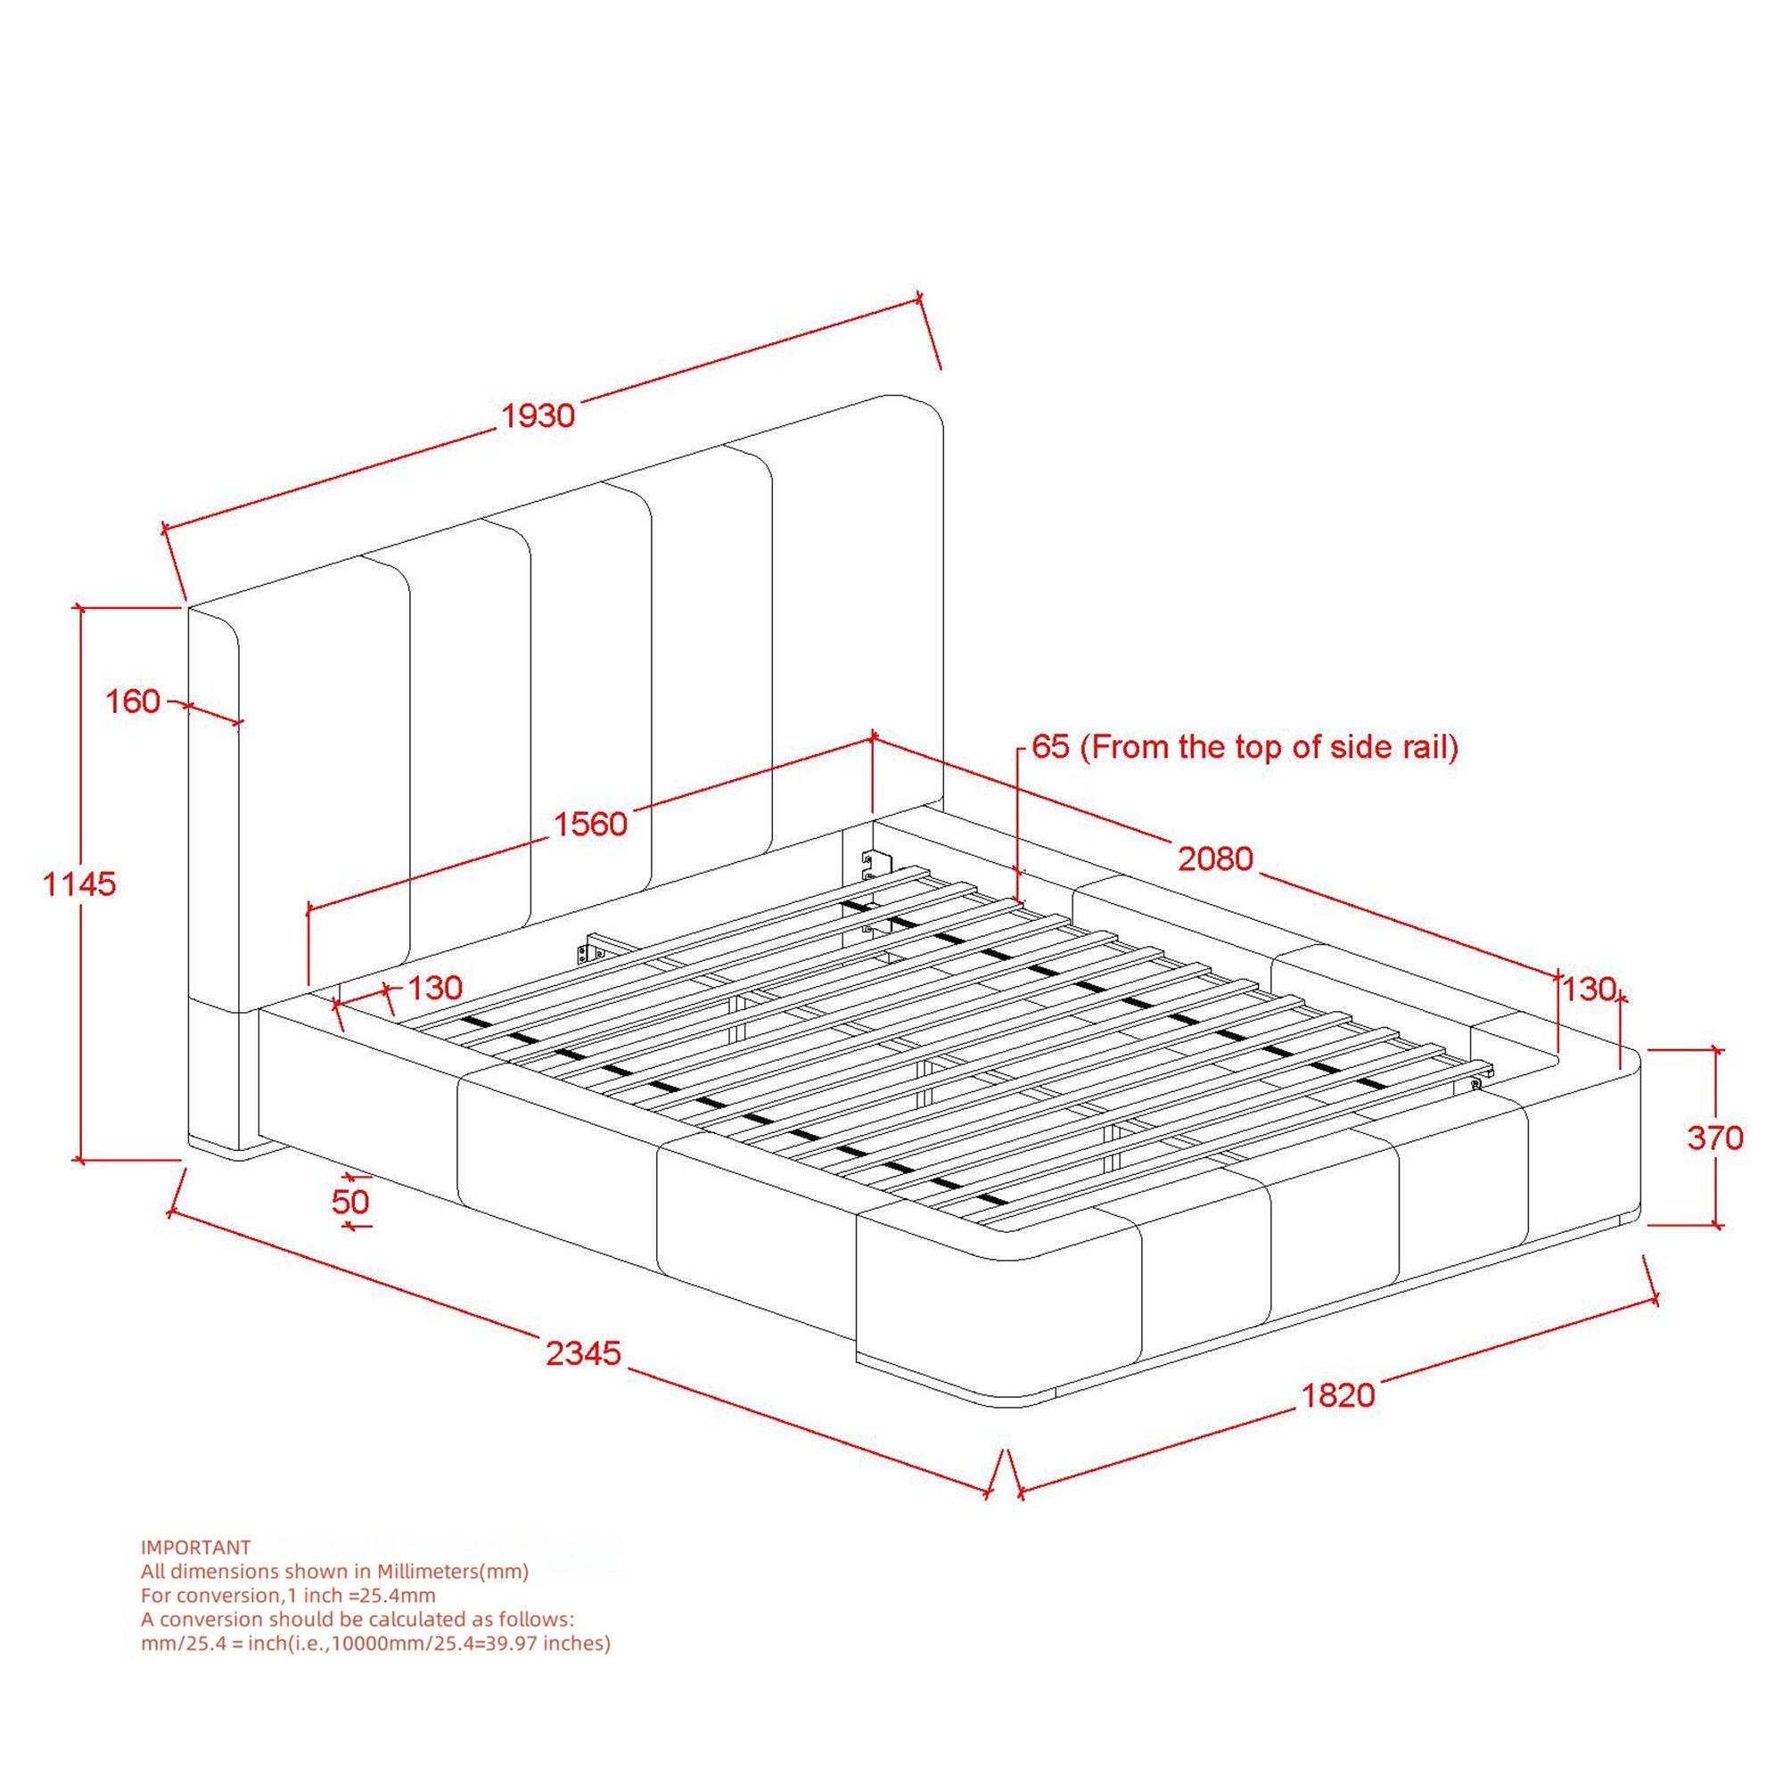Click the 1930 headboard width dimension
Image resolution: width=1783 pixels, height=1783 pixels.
(x=538, y=415)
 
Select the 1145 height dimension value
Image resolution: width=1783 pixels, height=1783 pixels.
(x=80, y=884)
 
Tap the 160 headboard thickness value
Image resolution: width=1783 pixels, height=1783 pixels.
(x=133, y=702)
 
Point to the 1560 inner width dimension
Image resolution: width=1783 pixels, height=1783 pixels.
(x=591, y=823)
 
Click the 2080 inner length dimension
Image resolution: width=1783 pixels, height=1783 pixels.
(x=1215, y=859)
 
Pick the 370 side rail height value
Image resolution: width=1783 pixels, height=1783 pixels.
(x=1714, y=1138)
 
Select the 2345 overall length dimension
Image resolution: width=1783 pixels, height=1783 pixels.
(x=584, y=1354)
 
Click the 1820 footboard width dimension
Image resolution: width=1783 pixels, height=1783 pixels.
(x=1338, y=1394)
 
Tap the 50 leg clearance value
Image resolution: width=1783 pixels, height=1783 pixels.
(x=349, y=1202)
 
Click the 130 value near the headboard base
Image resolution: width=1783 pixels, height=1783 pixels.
(x=434, y=989)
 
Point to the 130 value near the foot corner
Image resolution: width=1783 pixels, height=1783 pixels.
(x=1588, y=990)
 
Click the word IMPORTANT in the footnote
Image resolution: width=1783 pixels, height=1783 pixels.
(x=195, y=1547)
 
